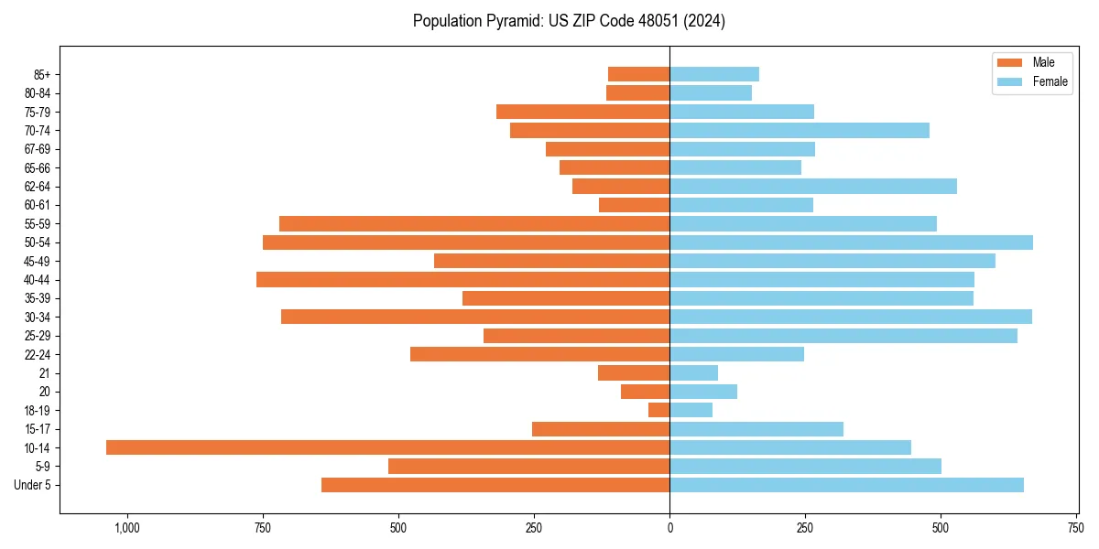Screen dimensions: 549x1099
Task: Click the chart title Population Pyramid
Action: pyautogui.click(x=569, y=21)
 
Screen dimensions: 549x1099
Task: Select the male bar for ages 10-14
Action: pyautogui.click(x=387, y=447)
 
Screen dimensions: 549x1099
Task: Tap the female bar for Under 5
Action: pyautogui.click(x=846, y=485)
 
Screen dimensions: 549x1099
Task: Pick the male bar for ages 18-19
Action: pyautogui.click(x=658, y=410)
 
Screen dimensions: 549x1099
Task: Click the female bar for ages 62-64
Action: pyautogui.click(x=813, y=186)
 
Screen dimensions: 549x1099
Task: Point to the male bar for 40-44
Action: pyautogui.click(x=462, y=279)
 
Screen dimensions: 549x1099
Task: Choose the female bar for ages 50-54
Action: pyautogui.click(x=851, y=242)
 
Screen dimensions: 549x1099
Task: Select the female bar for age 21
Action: pyautogui.click(x=693, y=372)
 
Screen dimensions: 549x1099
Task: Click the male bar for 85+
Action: pyautogui.click(x=638, y=74)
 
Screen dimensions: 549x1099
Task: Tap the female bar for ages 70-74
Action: pyautogui.click(x=800, y=130)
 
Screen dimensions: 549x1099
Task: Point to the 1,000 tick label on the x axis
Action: pyautogui.click(x=126, y=528)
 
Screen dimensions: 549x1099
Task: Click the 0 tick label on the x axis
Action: pyautogui.click(x=669, y=528)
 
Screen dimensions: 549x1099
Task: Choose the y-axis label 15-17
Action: pyautogui.click(x=38, y=429)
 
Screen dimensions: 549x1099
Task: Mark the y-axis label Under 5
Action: pyautogui.click(x=33, y=485)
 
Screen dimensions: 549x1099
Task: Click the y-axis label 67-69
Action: pyautogui.click(x=38, y=149)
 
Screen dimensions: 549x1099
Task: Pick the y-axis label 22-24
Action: pyautogui.click(x=38, y=354)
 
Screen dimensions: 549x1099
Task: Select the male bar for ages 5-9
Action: pyautogui.click(x=528, y=467)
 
